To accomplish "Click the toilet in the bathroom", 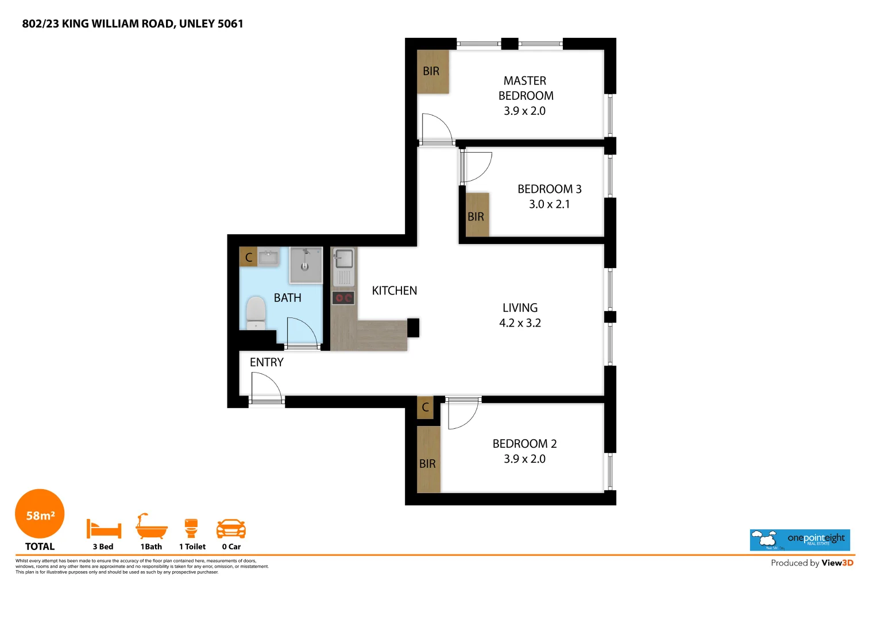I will pyautogui.click(x=256, y=312).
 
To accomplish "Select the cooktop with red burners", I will pyautogui.click(x=343, y=297).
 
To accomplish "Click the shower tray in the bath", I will pyautogui.click(x=306, y=265).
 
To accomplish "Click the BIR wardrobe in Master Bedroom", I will pyautogui.click(x=432, y=72).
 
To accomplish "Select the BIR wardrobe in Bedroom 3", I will pyautogui.click(x=477, y=215).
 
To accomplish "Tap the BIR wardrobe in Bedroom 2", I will pyautogui.click(x=428, y=459).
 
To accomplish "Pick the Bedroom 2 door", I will pyautogui.click(x=463, y=414).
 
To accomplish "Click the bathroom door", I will pyautogui.click(x=302, y=332).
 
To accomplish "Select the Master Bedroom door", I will pyautogui.click(x=437, y=128).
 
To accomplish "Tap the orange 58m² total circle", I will pyautogui.click(x=40, y=514).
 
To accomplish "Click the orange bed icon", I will pyautogui.click(x=103, y=528).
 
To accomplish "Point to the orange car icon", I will pyautogui.click(x=231, y=528).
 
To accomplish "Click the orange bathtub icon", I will pyautogui.click(x=152, y=526).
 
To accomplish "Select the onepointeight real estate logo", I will pyautogui.click(x=799, y=540).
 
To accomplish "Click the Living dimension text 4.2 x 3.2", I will pyautogui.click(x=520, y=323).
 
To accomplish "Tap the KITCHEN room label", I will pyautogui.click(x=394, y=291).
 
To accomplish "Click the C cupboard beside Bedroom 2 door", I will pyautogui.click(x=425, y=408).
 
